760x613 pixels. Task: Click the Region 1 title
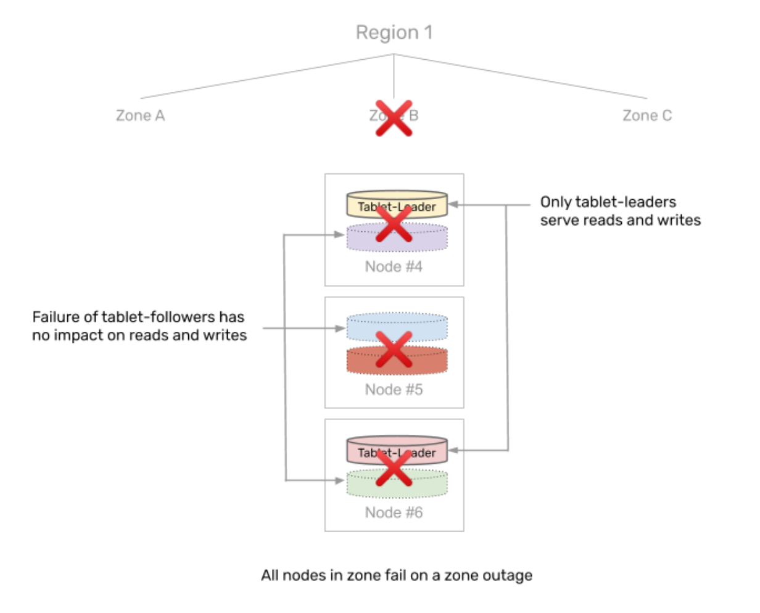click(394, 32)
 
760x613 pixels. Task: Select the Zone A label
click(140, 115)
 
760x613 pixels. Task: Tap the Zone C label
click(646, 115)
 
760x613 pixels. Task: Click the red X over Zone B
click(394, 118)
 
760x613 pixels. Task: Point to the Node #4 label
click(394, 266)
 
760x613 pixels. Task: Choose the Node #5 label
click(394, 389)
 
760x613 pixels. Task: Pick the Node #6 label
click(394, 512)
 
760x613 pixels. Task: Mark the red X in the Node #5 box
click(394, 349)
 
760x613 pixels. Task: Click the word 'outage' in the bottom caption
click(509, 575)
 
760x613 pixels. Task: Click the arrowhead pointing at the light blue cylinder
click(341, 329)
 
